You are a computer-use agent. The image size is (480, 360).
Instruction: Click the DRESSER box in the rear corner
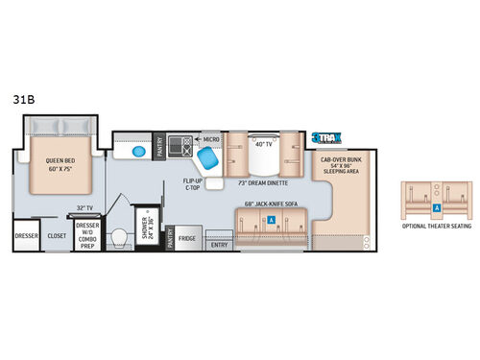click(x=25, y=235)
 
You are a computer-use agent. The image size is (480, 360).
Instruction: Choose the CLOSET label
click(x=57, y=235)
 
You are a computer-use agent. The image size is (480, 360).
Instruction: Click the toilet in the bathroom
click(x=119, y=237)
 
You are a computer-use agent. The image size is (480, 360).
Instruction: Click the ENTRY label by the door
click(x=219, y=245)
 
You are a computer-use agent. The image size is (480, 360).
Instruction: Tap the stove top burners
click(x=178, y=146)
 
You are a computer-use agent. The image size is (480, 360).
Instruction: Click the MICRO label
click(x=211, y=139)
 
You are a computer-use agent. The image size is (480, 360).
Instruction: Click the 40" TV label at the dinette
click(x=264, y=144)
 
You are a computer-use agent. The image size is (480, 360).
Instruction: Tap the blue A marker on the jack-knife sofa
click(x=272, y=219)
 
